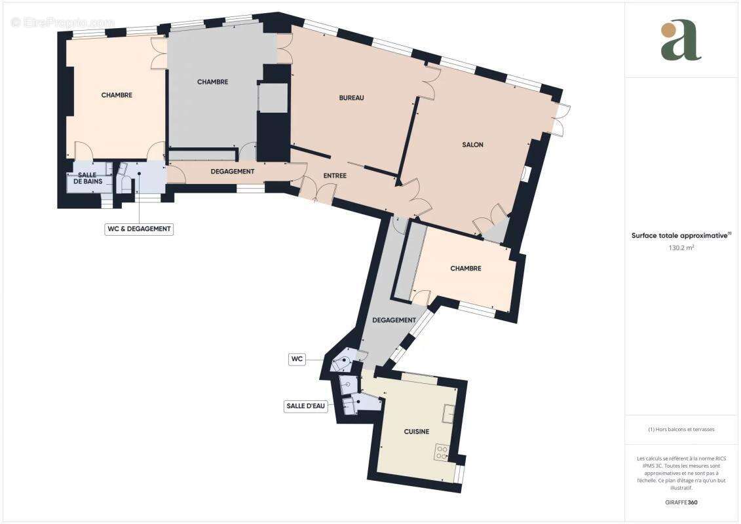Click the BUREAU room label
click(x=351, y=98)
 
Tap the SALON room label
click(x=472, y=145)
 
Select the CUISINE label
click(x=416, y=432)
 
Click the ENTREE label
click(x=335, y=176)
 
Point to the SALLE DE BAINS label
click(x=87, y=178)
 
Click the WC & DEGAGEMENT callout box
click(x=138, y=229)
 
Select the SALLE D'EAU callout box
click(x=305, y=406)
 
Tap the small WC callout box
click(x=298, y=359)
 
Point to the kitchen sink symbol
click(x=449, y=414)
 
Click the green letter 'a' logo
click(x=681, y=41)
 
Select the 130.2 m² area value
click(x=681, y=248)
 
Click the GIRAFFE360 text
click(x=681, y=502)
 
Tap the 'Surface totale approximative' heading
click(x=681, y=235)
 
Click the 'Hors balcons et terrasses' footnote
click(x=681, y=430)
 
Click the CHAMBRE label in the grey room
click(x=213, y=82)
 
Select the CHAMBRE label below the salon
click(x=466, y=269)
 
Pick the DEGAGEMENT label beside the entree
click(x=233, y=172)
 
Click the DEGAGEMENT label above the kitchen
click(x=394, y=320)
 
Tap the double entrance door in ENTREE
click(x=317, y=191)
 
